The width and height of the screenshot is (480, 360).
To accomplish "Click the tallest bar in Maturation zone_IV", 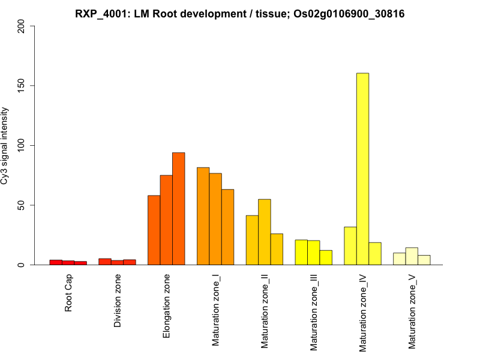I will [362, 169].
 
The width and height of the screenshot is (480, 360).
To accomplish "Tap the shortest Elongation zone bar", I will [154, 230].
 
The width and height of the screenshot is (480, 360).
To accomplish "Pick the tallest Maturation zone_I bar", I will [203, 216].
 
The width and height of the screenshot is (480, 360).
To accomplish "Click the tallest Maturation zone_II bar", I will [264, 232].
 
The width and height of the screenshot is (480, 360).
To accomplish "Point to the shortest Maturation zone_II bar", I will [277, 249].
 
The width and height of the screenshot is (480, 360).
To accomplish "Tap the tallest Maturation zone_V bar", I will [412, 256].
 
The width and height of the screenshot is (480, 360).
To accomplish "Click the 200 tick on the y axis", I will [23, 26].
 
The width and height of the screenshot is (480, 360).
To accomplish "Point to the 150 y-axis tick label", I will [23, 86].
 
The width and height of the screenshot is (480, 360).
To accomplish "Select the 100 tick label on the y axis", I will [23, 145].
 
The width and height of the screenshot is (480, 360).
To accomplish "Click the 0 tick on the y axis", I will [23, 265].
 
